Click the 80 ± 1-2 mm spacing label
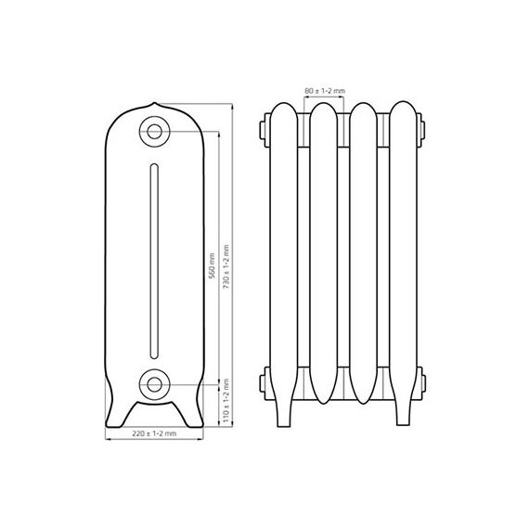click(x=325, y=90)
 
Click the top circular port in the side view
click(x=153, y=130)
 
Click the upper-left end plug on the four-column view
click(x=267, y=126)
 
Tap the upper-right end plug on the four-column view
click(x=422, y=126)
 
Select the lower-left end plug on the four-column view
click(x=267, y=380)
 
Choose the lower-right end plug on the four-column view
click(x=422, y=380)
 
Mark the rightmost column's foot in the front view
click(x=406, y=413)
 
